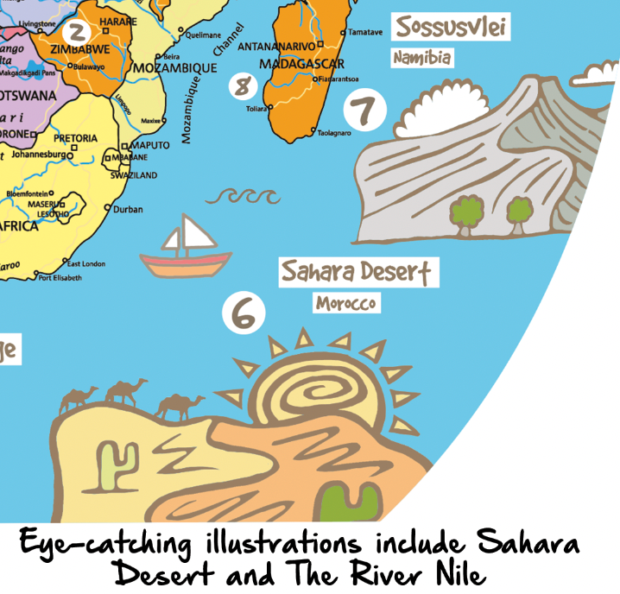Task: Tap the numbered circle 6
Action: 244,314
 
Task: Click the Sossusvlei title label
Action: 451,27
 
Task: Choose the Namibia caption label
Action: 422,59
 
